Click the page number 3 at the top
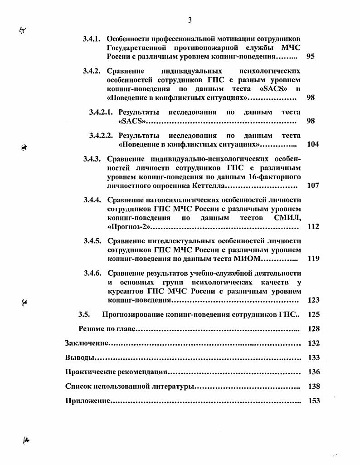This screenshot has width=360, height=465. tap(190, 20)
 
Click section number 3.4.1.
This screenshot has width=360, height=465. tap(94, 39)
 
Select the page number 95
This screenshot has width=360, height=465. tap(311, 57)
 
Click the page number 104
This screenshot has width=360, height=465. tap(313, 144)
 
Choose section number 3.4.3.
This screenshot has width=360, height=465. tap(94, 158)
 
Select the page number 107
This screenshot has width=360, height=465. tap(313, 186)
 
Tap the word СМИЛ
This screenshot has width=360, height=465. tap(287, 218)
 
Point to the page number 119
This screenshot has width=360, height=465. tap(313, 259)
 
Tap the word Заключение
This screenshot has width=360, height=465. tap(87, 343)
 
